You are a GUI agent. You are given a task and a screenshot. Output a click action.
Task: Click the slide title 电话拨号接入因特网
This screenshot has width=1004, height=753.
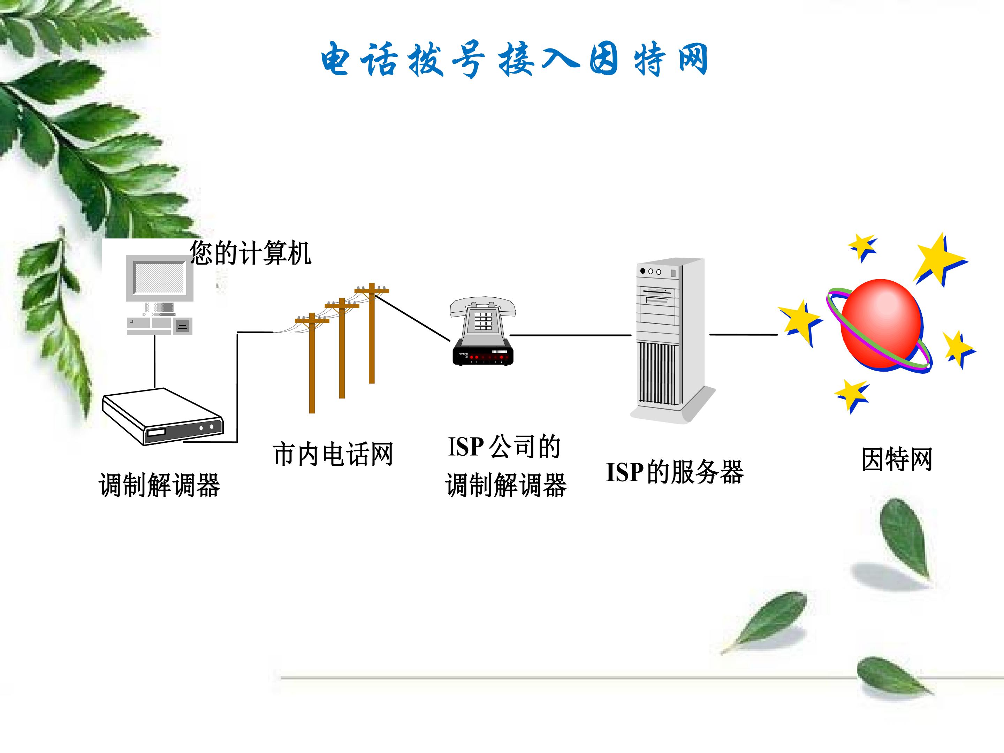point(514,60)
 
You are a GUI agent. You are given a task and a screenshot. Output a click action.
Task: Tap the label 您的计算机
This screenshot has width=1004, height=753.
point(250,253)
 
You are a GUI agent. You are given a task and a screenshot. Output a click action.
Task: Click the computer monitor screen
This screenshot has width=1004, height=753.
point(160,277)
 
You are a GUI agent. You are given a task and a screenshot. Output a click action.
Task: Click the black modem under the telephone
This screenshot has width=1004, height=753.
point(483,355)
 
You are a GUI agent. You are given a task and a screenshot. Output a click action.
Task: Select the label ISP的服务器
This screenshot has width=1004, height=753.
point(675,472)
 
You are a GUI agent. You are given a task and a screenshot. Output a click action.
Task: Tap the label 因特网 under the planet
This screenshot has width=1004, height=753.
point(897,459)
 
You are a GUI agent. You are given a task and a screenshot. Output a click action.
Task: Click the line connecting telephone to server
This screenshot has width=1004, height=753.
point(571,335)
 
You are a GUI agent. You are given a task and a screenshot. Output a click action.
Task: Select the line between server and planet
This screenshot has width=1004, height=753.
point(744,335)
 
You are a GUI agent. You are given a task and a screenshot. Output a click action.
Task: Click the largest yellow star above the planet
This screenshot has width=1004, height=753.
point(939,260)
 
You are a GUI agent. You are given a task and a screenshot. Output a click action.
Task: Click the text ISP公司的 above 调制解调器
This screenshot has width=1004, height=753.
point(504,447)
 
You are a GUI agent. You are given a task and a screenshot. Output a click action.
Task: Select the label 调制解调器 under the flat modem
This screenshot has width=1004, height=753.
point(160,485)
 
